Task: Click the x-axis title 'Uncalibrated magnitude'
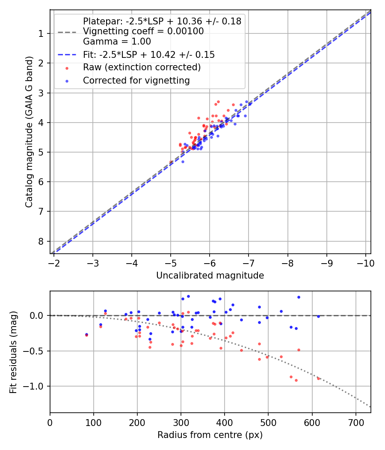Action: [210, 276]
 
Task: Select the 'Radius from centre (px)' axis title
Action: [210, 435]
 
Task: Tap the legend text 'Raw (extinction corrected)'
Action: [142, 67]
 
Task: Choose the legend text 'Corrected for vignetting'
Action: [136, 80]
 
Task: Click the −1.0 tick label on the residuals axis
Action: [36, 387]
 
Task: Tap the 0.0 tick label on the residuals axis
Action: [38, 315]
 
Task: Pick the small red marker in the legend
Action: [66, 68]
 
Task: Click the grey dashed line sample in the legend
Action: [66, 31]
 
